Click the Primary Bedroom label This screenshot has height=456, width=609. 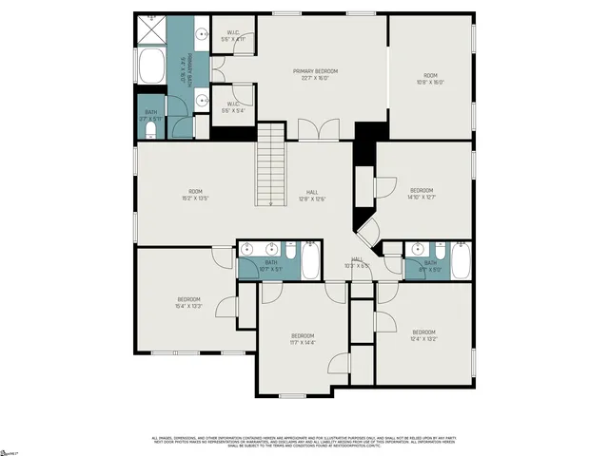315,75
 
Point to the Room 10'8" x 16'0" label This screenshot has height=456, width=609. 430,79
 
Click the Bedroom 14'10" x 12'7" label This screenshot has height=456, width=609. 421,194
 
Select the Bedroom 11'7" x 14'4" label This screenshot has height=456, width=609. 303,339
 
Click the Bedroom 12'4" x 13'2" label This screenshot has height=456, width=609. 423,335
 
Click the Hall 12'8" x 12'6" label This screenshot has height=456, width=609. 312,195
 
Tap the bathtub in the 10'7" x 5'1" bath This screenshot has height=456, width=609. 311,262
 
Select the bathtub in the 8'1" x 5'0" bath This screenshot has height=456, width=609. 461,261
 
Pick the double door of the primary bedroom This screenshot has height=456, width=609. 319,130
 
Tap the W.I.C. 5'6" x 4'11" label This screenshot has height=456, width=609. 232,36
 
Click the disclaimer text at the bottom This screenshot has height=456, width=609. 304,442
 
